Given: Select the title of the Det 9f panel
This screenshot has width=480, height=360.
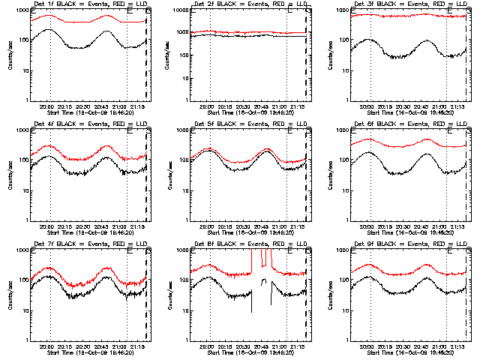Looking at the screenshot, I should point(409,244).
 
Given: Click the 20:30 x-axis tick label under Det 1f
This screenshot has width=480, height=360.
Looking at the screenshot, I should point(82,107).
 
